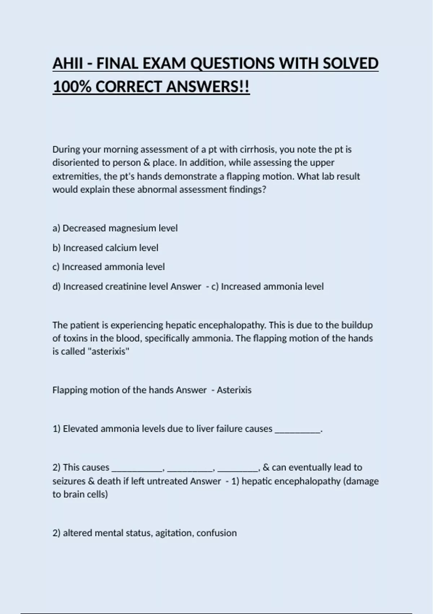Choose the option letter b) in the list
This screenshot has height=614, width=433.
[x=57, y=248]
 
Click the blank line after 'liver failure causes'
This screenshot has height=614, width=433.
[x=298, y=429]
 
